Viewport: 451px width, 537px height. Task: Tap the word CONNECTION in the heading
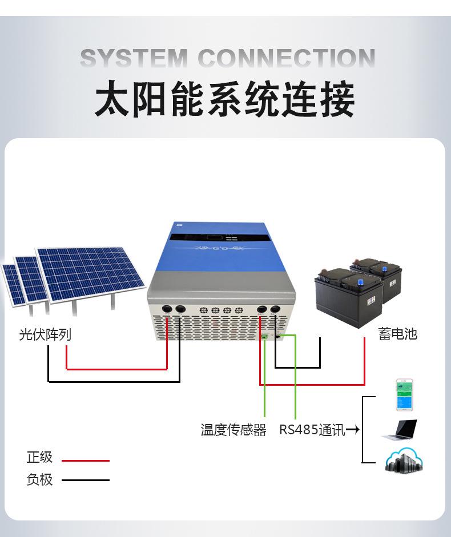click(x=286, y=59)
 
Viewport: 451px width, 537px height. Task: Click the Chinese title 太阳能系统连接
click(x=225, y=100)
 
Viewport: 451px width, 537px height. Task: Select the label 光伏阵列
click(x=45, y=334)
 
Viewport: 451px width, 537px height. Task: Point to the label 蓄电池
click(x=398, y=334)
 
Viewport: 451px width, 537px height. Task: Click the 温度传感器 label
click(x=233, y=430)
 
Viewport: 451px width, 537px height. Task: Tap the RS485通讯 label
click(x=312, y=430)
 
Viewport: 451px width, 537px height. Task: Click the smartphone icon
click(x=405, y=395)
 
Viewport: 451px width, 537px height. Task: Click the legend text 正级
click(x=39, y=457)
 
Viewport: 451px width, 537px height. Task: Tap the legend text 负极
click(x=39, y=479)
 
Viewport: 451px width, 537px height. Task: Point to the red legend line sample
click(x=85, y=460)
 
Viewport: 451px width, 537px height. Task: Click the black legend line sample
click(x=85, y=480)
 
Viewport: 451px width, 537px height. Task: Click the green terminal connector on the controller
click(x=265, y=336)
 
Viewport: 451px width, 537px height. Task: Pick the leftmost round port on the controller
click(x=167, y=309)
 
